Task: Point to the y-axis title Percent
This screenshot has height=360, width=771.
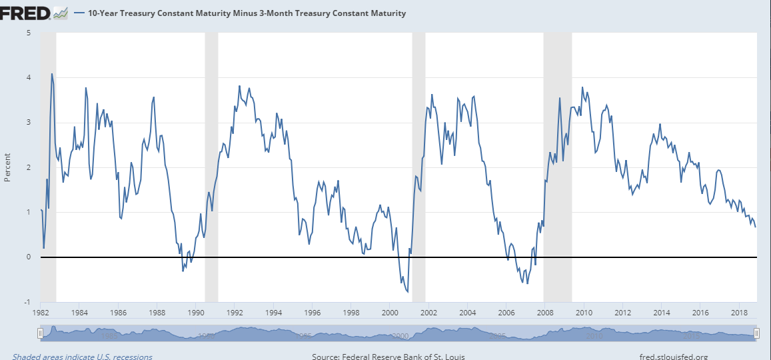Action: click(x=7, y=167)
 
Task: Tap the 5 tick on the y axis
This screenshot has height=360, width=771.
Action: click(x=28, y=33)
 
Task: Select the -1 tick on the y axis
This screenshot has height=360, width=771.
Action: click(x=27, y=302)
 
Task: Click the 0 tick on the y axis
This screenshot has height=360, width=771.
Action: click(x=28, y=257)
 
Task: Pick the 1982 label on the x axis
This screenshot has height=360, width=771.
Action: click(x=41, y=312)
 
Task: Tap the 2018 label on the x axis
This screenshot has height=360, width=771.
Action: click(x=738, y=312)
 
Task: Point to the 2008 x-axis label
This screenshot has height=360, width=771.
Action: click(x=545, y=312)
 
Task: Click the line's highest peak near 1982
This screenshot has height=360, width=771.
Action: click(x=51, y=74)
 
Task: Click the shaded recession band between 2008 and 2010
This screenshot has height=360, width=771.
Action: click(x=558, y=167)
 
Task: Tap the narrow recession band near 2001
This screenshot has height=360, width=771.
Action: click(x=418, y=167)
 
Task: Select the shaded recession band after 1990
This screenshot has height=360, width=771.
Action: click(x=211, y=167)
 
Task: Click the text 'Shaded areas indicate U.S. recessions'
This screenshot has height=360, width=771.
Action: click(x=82, y=357)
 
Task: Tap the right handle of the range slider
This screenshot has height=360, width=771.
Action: click(x=756, y=333)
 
